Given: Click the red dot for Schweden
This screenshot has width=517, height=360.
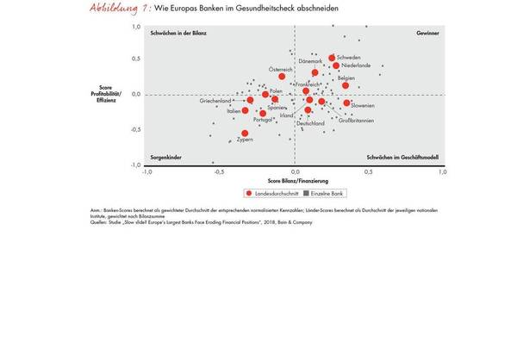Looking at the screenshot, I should point(332,59).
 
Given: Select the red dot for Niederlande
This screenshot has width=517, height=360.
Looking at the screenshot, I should point(336,66).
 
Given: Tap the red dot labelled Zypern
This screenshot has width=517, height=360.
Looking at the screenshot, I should point(245,133).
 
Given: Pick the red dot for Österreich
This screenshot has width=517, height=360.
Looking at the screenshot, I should point(282,77).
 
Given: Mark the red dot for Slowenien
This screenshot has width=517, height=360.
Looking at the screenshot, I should point(346,103).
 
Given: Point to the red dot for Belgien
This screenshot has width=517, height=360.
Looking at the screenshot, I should point(345,85).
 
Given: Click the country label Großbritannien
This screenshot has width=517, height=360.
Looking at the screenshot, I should point(356,120).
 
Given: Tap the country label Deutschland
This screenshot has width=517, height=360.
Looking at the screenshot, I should point(310,123).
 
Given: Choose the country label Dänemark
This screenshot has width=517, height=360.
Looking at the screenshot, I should point(310,62).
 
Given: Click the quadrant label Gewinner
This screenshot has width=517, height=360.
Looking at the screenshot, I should point(427,33).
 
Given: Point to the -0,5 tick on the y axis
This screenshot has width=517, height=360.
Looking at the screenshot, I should point(135,130).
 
